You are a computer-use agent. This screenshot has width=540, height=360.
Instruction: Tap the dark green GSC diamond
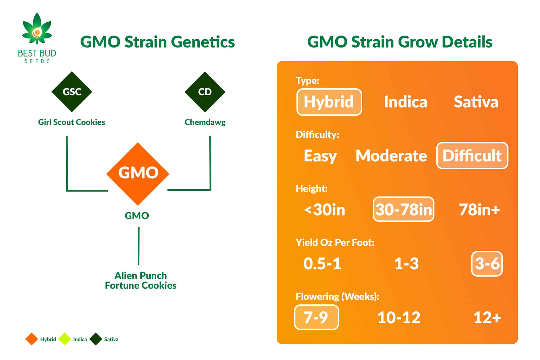coord(72,92)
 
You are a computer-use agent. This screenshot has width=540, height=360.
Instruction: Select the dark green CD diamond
coord(205,92)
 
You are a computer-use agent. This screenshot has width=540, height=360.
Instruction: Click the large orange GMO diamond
coord(138,174)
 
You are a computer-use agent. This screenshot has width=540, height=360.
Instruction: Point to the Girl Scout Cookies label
coord(72,122)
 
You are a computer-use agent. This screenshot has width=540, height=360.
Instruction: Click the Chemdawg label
coord(205,123)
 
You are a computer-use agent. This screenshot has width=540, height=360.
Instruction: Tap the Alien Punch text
coord(141,276)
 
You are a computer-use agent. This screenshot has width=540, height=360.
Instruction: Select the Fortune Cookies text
coord(141,286)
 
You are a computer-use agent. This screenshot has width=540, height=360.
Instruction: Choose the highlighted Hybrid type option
coord(329,102)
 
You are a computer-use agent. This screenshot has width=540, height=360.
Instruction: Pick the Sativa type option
coord(476,102)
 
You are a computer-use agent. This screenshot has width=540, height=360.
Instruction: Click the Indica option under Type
coord(406,102)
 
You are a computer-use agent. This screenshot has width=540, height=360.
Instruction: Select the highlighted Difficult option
coord(472,156)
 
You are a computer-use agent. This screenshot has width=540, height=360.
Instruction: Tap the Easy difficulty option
coord(320,156)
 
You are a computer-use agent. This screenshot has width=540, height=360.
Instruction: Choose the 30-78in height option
coord(403,209)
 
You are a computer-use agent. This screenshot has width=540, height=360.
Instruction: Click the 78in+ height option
coord(479,210)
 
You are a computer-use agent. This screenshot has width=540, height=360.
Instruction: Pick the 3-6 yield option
coord(487,264)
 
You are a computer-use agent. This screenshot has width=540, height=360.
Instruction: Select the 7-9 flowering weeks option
coord(316,317)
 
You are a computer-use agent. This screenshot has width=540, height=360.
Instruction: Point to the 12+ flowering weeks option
coord(487,318)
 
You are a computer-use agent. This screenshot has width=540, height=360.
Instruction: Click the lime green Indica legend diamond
coord(65,339)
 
